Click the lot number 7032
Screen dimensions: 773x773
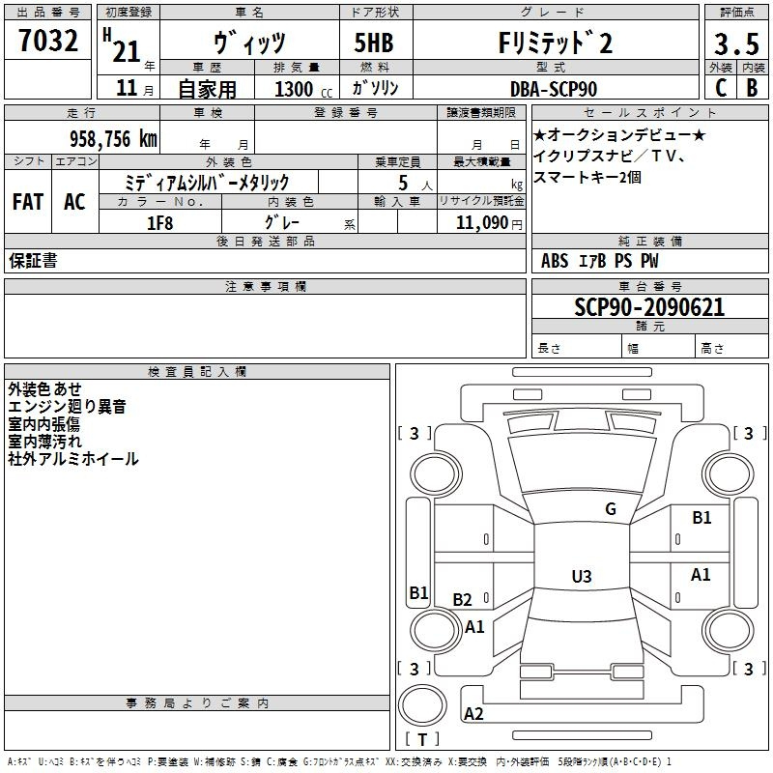(x=48, y=41)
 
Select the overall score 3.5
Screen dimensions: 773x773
(x=736, y=43)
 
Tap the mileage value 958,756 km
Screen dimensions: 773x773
(x=113, y=138)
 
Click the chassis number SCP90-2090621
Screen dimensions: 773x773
(x=649, y=306)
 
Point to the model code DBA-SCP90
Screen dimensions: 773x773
(x=553, y=89)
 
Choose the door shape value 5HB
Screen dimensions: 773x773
(x=374, y=43)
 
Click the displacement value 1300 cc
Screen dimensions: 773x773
(x=303, y=89)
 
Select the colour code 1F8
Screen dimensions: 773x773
(x=159, y=223)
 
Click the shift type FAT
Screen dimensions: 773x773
(x=28, y=202)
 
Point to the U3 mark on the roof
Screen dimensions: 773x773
(x=582, y=576)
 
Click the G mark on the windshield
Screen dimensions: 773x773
(x=611, y=508)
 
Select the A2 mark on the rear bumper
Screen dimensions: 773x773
(x=473, y=713)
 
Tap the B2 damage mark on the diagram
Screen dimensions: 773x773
(x=462, y=599)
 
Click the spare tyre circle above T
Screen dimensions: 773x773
(x=422, y=704)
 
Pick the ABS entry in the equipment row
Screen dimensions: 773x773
(x=555, y=260)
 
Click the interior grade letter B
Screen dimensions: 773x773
(x=752, y=88)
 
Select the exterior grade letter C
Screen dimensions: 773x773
(x=721, y=88)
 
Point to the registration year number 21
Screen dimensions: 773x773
(x=127, y=51)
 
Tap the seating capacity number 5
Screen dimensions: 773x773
(x=403, y=183)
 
